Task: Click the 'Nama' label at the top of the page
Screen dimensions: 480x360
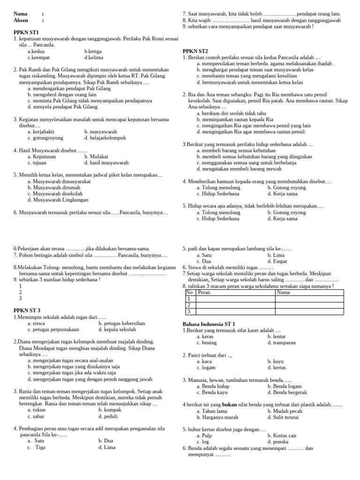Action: coord(21,14)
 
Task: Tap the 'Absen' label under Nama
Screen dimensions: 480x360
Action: coord(22,21)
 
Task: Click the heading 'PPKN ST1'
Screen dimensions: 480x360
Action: coord(27,32)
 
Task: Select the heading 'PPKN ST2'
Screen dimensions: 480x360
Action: coord(195,51)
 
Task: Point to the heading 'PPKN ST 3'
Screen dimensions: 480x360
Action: coord(27,310)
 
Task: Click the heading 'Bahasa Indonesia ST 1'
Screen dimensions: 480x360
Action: coord(209,324)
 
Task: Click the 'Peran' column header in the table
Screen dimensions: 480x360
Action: coord(204,292)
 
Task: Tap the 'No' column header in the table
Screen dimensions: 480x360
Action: coord(189,292)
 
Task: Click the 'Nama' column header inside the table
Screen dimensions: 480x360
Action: coord(284,292)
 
